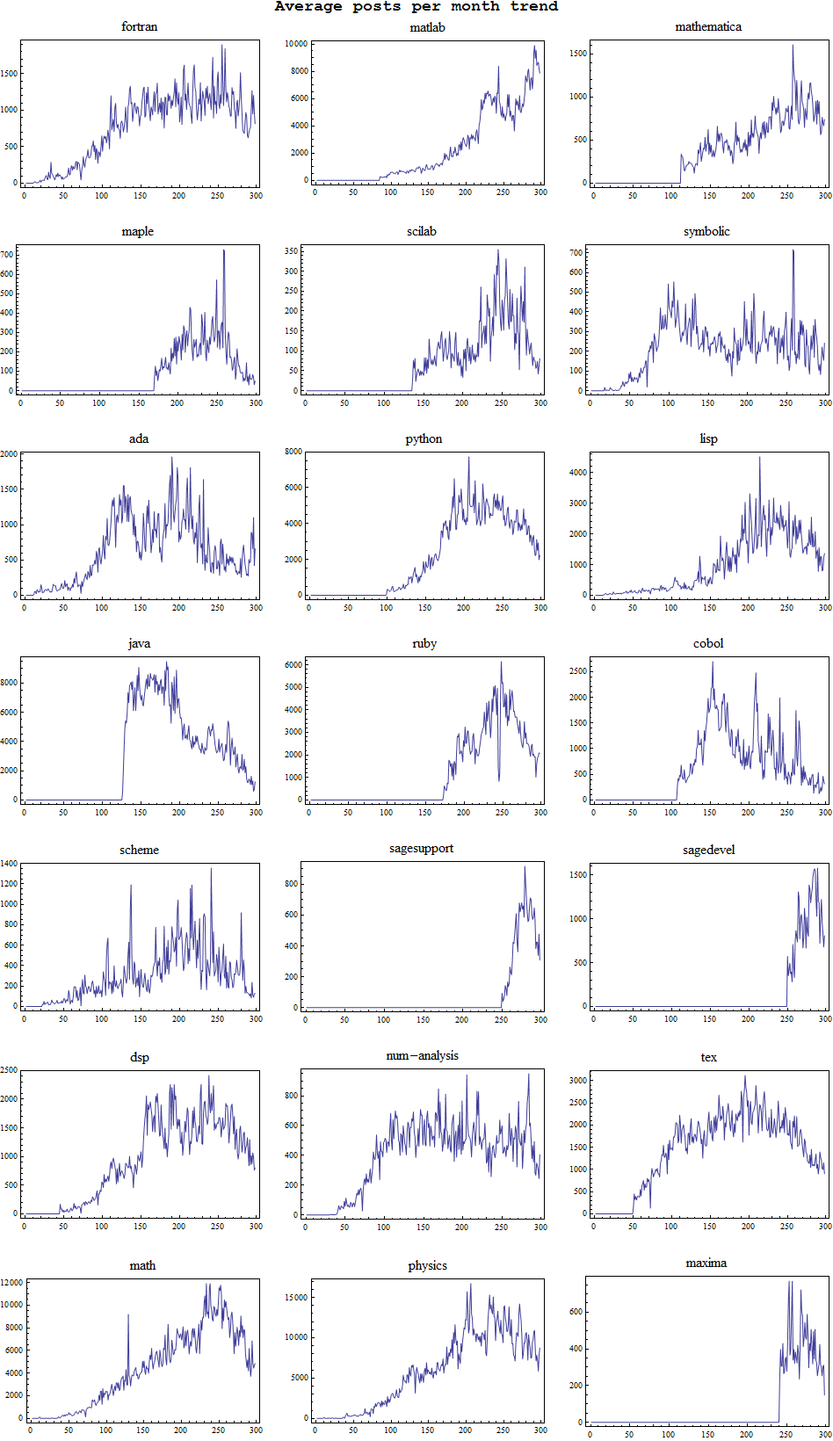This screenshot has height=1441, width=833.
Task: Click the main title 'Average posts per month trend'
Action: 416,7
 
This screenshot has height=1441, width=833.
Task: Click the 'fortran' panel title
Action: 139,26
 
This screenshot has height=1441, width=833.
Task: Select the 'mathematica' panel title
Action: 708,26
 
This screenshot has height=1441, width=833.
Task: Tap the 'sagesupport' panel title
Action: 421,848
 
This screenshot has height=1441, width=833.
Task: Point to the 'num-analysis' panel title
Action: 422,1055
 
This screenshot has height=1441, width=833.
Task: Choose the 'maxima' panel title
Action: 706,1263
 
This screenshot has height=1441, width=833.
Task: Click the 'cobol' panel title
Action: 708,643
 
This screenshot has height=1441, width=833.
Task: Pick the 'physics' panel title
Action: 427,1265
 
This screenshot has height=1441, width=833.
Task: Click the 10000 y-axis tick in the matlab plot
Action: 296,43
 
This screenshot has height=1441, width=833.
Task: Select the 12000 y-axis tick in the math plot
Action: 11,1283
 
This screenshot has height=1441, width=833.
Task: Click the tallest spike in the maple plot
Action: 223,250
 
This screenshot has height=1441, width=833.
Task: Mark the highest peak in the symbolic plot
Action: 793,250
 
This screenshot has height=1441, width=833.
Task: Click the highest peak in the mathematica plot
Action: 793,46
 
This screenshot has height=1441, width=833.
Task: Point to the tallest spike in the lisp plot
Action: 760,457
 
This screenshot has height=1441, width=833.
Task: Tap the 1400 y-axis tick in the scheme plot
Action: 9,864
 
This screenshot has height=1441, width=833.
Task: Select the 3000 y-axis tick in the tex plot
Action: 577,1080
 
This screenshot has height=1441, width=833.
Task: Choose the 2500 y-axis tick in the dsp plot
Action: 9,1070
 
